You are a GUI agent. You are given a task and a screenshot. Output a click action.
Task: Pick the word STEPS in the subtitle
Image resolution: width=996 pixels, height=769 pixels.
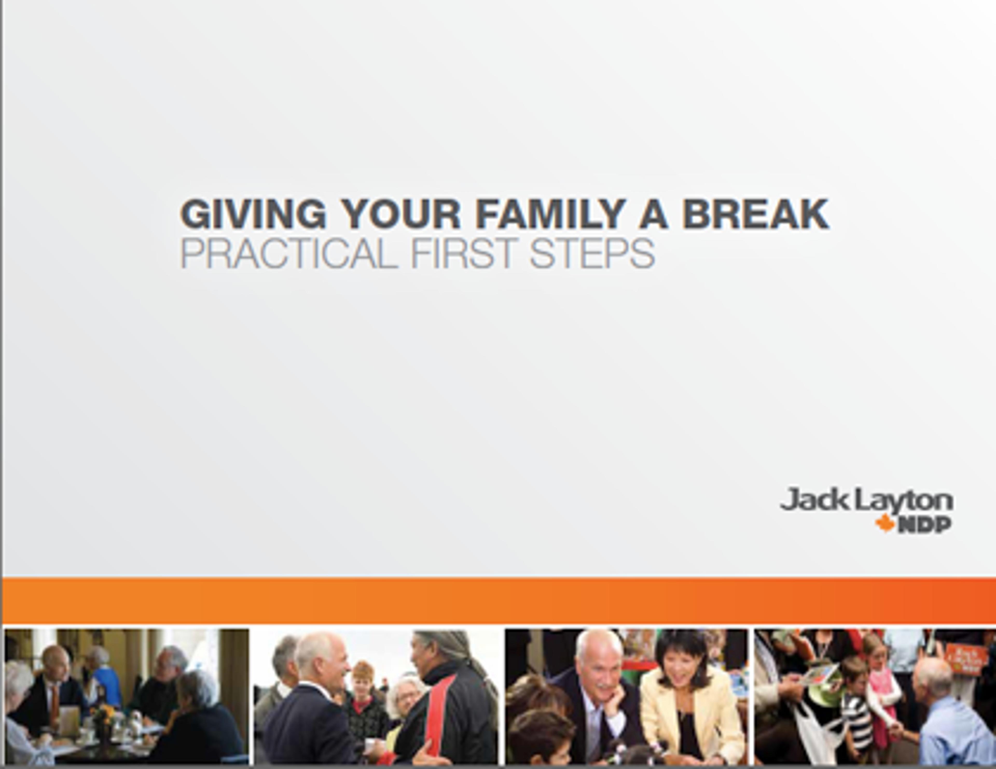tap(592, 253)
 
